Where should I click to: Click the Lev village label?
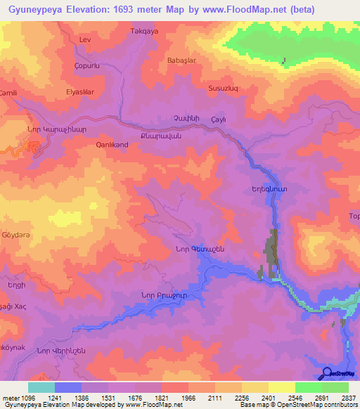tap(86, 40)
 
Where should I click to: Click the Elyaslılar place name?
tap(79, 91)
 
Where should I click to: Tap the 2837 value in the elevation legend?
tap(347, 397)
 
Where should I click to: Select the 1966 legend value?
tap(188, 397)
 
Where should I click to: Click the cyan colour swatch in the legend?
tap(41, 387)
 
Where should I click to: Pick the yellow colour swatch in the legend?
tap(281, 387)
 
